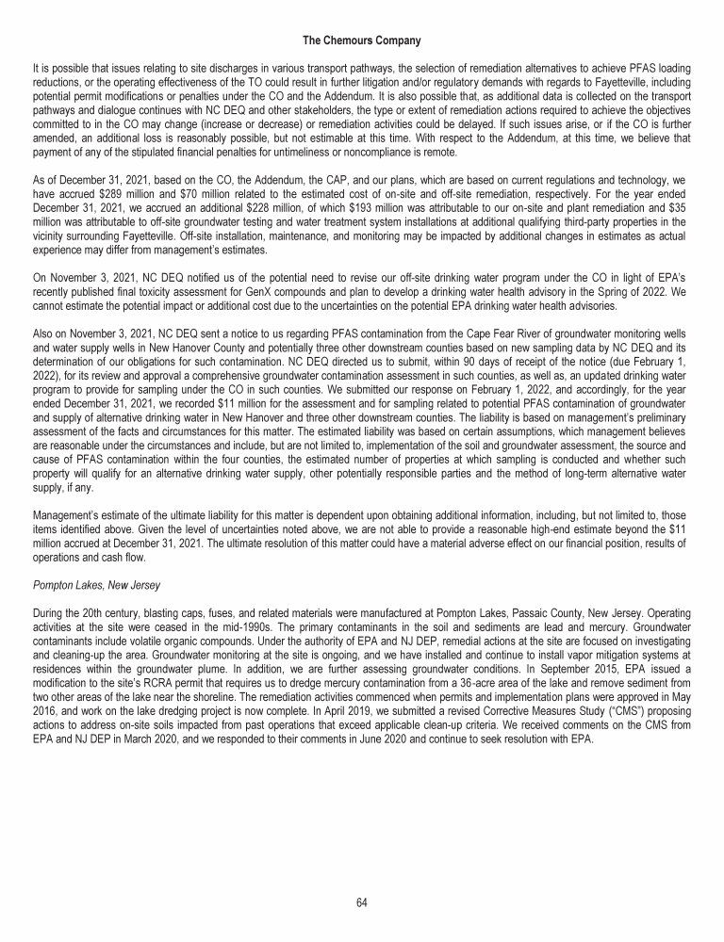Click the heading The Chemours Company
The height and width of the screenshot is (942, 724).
click(x=361, y=41)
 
